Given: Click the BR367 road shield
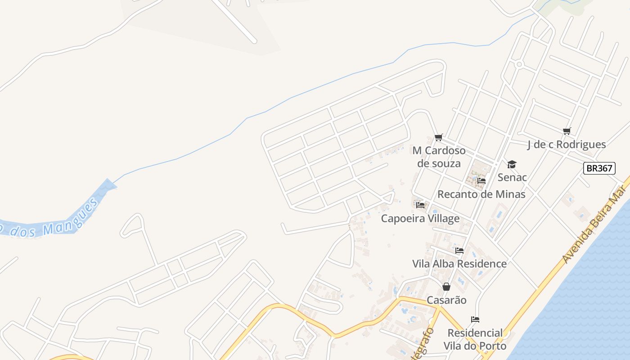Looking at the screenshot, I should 599,168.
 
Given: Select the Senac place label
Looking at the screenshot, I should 512,177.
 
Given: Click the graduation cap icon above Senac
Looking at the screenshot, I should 512,164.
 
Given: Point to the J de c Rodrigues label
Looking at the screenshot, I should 567,144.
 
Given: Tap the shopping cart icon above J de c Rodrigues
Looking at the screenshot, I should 567,131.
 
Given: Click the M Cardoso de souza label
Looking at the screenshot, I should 439,157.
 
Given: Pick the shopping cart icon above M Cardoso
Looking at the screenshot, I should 438,137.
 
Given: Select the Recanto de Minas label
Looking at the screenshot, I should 481,194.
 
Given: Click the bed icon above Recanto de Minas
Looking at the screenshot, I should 481,181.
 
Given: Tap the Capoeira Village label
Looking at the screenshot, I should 420,219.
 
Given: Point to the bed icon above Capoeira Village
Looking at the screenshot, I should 420,205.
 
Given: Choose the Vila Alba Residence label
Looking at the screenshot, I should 459,264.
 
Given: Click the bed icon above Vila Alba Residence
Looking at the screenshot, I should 459,251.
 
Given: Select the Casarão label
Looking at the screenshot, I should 446,300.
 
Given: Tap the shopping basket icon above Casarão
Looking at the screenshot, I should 446,287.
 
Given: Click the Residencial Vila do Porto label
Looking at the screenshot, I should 475,339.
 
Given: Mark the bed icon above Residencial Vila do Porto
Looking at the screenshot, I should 475,319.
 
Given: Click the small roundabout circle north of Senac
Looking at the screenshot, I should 519,64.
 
